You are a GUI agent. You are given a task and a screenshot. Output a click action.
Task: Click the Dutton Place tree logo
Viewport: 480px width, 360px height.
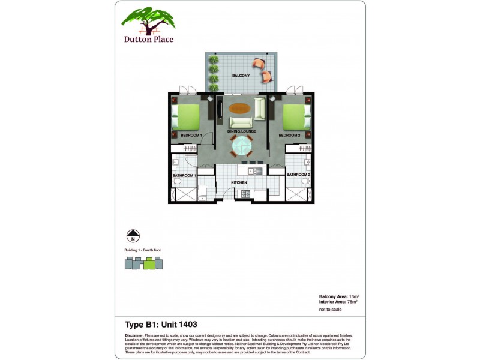(148, 22)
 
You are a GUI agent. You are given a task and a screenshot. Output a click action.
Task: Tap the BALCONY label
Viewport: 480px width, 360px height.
(241, 76)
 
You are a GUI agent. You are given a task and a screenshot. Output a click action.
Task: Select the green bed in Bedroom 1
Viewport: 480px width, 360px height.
(187, 116)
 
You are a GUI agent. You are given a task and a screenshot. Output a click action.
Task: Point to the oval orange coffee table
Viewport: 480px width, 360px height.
(239, 109)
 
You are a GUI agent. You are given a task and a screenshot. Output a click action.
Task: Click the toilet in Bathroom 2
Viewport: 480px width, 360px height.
(305, 179)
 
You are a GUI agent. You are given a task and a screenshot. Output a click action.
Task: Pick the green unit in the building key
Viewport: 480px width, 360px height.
(149, 263)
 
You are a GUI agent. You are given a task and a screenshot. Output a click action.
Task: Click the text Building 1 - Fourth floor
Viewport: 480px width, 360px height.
(143, 250)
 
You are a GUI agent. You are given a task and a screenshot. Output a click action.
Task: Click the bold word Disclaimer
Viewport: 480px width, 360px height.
(134, 335)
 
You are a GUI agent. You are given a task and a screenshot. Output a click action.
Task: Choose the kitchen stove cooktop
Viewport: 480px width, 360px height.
(245, 193)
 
